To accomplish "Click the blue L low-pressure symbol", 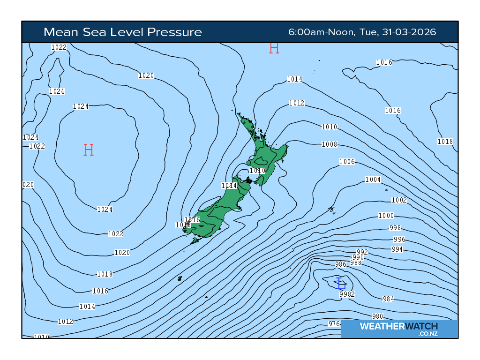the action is point(341,283).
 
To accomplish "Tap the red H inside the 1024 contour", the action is point(89,150).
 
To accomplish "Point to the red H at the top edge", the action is point(274,48).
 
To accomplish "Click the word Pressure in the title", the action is point(174,32).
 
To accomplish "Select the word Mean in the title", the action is point(60,32).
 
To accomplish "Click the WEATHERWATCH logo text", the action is point(398,326).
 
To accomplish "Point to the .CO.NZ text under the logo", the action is point(428,334).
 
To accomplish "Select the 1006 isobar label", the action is point(347,162).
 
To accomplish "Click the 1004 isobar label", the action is point(373,180).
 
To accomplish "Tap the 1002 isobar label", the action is point(399,200).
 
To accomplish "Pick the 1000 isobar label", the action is point(386,216).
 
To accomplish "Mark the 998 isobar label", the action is point(395,228).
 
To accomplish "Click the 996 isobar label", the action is point(399,240).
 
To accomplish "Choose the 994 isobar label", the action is point(397,249).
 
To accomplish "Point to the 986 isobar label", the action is point(340,264).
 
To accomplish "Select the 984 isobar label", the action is point(389,299).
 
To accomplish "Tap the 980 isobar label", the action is point(377,316).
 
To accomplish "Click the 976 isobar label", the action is point(334,324).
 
